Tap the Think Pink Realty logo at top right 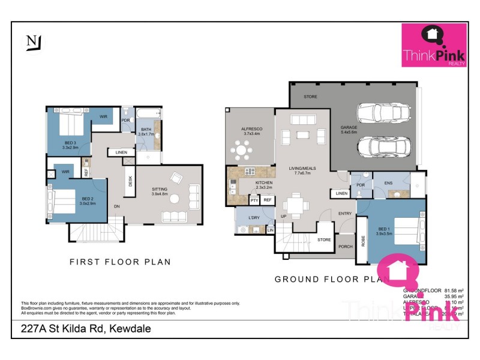(434, 45)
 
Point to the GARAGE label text (349, 127)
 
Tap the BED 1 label (384, 229)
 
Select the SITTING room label (161, 190)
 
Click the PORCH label (345, 246)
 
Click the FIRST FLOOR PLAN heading (120, 262)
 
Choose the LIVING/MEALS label (305, 170)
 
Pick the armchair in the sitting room (177, 178)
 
